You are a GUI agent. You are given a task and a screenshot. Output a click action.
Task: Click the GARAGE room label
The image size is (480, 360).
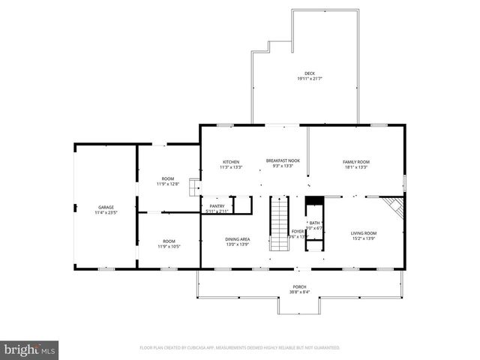(106, 207)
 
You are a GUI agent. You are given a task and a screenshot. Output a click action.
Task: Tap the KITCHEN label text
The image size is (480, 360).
(230, 162)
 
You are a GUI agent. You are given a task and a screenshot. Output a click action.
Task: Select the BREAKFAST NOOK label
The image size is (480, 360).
(283, 160)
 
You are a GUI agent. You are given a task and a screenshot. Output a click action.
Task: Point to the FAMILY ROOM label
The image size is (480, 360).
(356, 162)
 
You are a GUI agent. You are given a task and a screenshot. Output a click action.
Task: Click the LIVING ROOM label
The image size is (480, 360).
(364, 233)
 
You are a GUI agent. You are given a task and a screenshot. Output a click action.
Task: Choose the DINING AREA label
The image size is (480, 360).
(238, 239)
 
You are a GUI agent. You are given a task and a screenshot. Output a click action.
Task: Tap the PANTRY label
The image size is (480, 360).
(217, 206)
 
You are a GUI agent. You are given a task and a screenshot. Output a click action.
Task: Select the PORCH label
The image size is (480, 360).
(299, 287)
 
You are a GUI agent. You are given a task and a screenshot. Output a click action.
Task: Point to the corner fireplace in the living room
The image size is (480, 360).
(394, 205)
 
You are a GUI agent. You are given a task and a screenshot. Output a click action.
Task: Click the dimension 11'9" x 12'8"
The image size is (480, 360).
(168, 184)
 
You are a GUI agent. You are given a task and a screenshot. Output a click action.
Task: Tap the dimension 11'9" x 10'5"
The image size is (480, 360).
(168, 247)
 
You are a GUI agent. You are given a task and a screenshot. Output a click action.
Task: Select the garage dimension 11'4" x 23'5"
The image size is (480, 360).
(106, 213)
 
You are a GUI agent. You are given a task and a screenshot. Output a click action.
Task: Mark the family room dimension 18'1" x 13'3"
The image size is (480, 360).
(356, 168)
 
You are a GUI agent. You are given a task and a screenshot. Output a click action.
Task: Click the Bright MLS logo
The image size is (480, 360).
(29, 349)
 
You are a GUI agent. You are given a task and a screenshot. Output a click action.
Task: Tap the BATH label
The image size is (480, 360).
(314, 223)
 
